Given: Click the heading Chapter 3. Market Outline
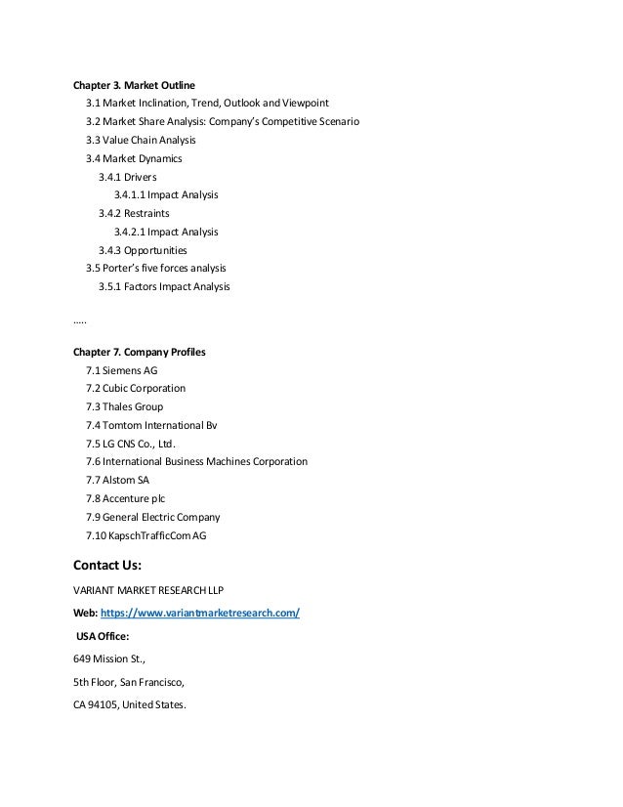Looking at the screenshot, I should point(140,84).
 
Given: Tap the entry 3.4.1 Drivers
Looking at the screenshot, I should point(128,177).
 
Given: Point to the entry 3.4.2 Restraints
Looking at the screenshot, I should point(135,213).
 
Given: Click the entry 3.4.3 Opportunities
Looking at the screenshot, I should point(143,250).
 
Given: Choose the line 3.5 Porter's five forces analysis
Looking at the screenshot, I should point(155,268).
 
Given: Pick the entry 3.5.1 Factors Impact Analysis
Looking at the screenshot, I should point(164,287).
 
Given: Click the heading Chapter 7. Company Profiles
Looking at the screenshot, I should point(140,351).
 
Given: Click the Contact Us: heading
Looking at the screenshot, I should point(107,565).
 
